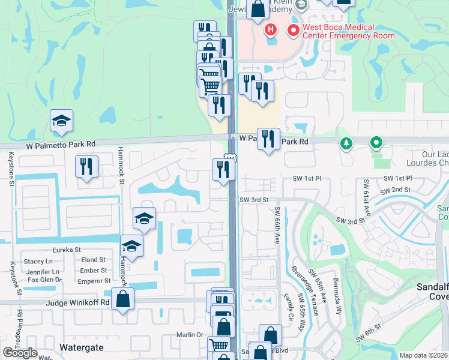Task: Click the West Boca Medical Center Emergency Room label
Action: pyautogui.click(x=348, y=31)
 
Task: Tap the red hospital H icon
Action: pyautogui.click(x=270, y=29)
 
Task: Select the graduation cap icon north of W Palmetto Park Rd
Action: pyautogui.click(x=62, y=122)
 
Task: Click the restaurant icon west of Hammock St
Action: pyautogui.click(x=87, y=167)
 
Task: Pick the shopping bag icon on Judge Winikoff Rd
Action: pyautogui.click(x=122, y=301)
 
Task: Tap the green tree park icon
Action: pyautogui.click(x=346, y=143)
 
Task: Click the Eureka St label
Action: pyautogui.click(x=67, y=250)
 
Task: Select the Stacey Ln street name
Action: pyautogui.click(x=38, y=261)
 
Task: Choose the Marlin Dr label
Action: pyautogui.click(x=191, y=335)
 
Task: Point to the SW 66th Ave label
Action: pyautogui.click(x=277, y=225)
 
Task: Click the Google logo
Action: pyautogui.click(x=20, y=353)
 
